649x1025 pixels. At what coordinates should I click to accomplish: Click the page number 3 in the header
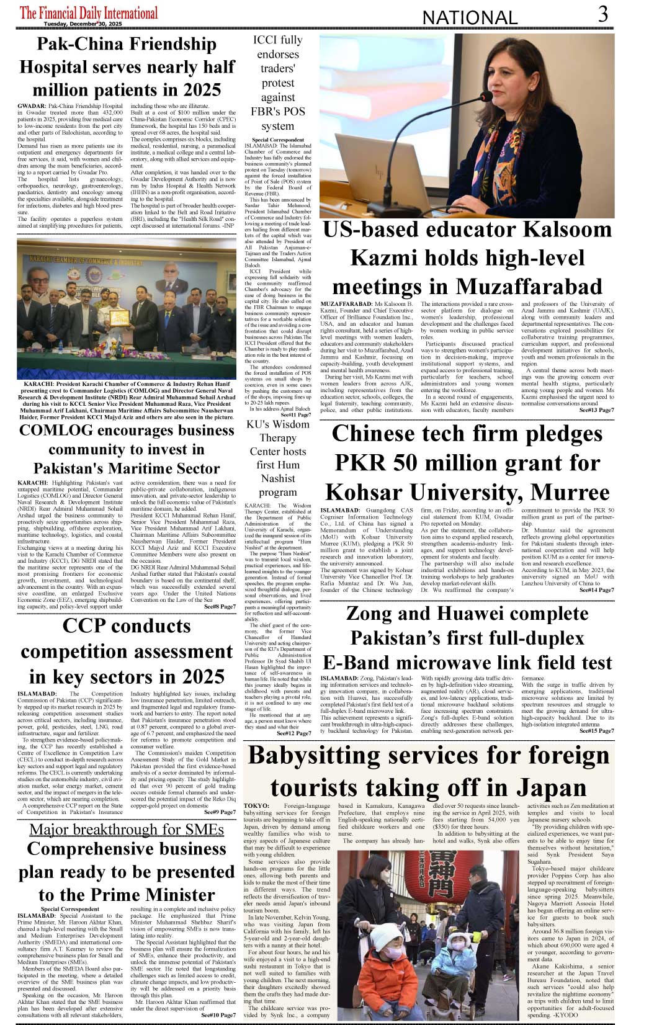(x=602, y=14)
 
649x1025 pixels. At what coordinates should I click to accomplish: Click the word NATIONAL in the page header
(x=470, y=17)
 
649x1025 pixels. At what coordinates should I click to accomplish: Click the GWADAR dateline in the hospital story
(x=32, y=107)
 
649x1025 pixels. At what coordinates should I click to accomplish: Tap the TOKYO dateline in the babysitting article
(x=256, y=806)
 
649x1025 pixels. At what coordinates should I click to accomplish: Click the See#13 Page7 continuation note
(x=596, y=410)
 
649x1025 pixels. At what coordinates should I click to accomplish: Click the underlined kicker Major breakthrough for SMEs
(x=126, y=830)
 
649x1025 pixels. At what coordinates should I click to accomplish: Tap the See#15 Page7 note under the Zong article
(x=596, y=731)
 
